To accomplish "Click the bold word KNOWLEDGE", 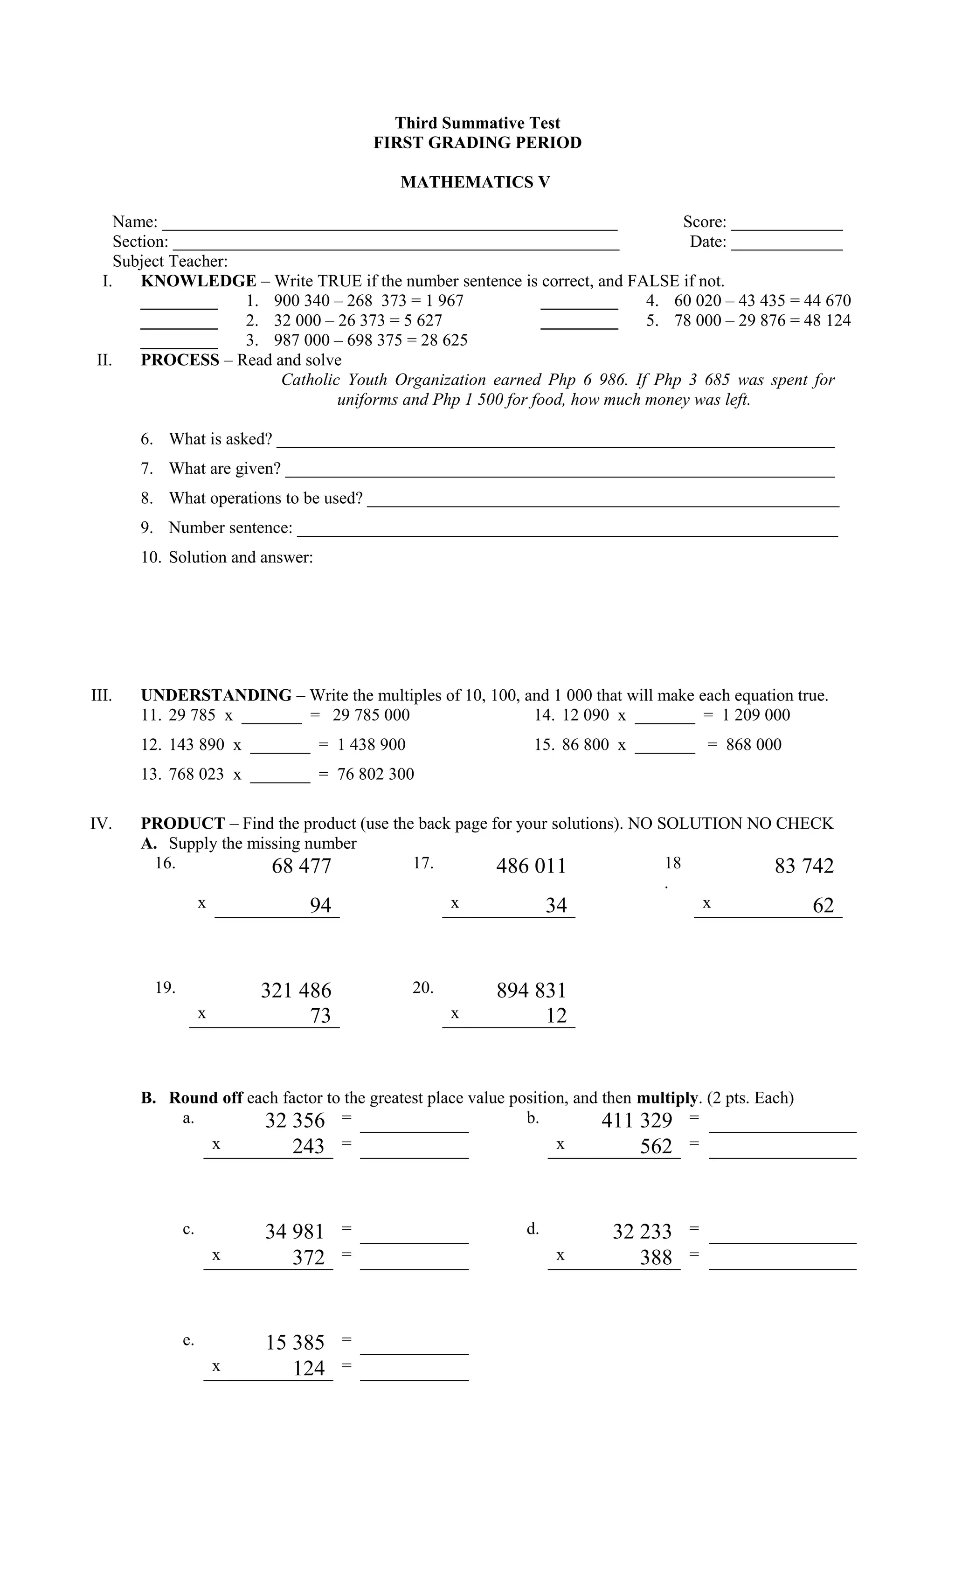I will (199, 281).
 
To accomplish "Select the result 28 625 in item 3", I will (443, 340).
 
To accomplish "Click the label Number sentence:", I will (230, 528).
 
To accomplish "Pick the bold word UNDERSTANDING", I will (216, 695).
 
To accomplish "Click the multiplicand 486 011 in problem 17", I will (531, 866).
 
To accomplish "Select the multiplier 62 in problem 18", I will (823, 906).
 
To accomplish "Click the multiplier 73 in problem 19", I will (320, 1016).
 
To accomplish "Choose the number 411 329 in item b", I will (637, 1120).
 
